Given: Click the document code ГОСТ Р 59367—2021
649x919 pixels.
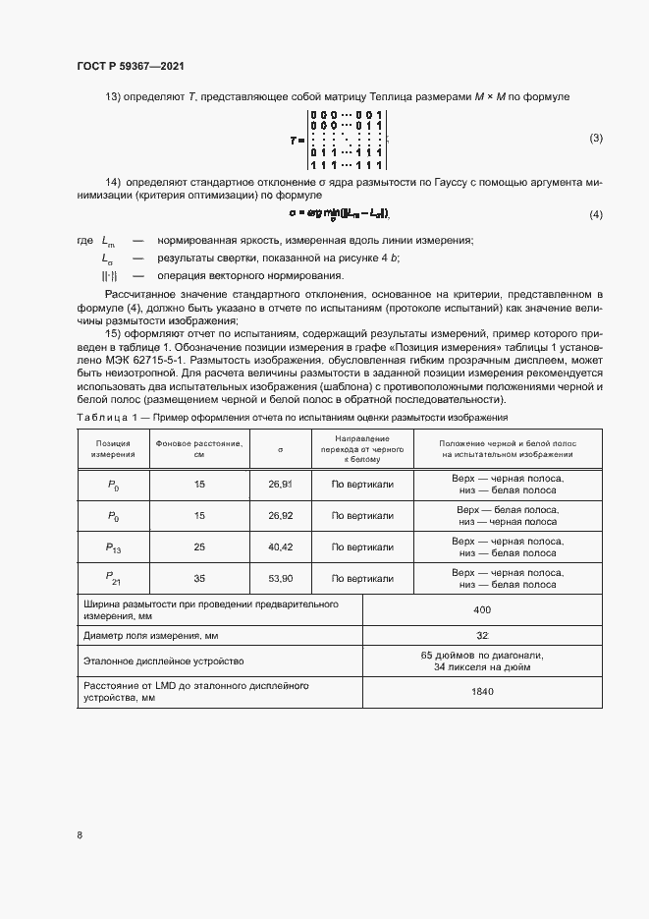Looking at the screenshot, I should pos(131,67).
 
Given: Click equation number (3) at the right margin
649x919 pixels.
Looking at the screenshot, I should pos(596,139).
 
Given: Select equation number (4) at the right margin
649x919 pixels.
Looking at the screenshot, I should pos(596,214).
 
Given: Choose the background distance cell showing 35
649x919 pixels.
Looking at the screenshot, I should pos(199,579).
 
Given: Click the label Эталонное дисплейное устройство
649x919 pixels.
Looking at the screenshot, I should pos(163,661).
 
